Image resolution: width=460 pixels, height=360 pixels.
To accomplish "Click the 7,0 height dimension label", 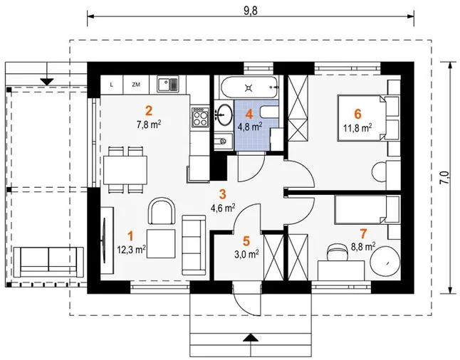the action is tap(444, 178).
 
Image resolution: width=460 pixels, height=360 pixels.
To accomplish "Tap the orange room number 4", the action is tap(249, 114).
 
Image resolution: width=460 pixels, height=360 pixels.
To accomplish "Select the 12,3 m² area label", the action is tap(132, 250).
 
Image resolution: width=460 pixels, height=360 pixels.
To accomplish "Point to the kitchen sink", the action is tap(167, 84).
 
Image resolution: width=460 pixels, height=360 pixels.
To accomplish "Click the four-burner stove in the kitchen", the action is tap(200, 116).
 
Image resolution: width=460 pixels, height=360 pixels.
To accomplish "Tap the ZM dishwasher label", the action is tap(136, 85).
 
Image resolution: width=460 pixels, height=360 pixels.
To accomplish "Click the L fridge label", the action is tap(112, 85).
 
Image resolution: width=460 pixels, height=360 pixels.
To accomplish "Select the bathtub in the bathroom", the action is tap(249, 87).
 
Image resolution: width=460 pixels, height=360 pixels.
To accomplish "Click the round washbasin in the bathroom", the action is tap(225, 114).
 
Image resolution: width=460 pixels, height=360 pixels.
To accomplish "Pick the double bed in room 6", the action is tap(368, 117).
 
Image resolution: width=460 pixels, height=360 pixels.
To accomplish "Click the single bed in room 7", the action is tap(367, 210).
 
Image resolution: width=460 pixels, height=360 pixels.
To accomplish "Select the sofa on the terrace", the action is tap(48, 262).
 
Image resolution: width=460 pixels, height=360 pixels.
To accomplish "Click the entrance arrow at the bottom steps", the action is tap(251, 338).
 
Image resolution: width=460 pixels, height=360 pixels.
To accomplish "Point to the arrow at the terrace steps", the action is tap(47, 82).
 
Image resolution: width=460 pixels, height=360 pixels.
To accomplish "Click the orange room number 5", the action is tap(246, 241).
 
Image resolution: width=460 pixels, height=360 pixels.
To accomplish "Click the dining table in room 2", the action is tap(125, 170).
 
